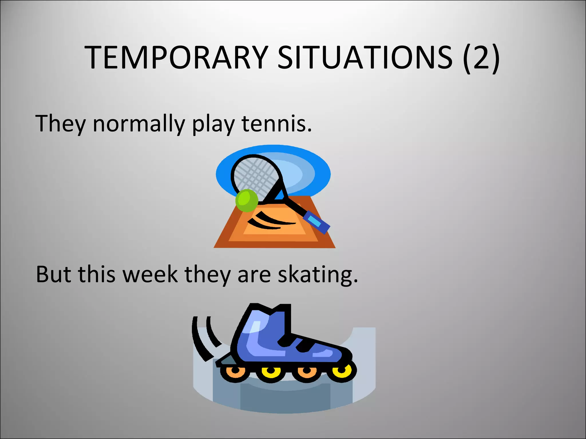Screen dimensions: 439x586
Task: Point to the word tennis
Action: click(x=276, y=123)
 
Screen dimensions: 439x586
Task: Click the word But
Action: click(x=53, y=274)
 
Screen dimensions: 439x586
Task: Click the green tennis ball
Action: click(x=247, y=200)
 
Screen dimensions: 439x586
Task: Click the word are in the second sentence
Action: click(x=254, y=275)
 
